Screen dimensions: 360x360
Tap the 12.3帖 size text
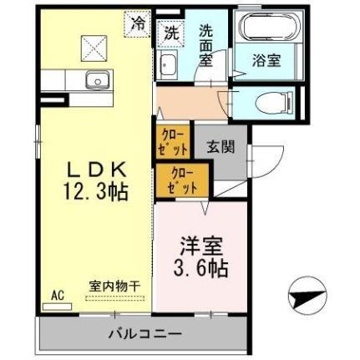94,191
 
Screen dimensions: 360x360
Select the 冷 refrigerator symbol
136,23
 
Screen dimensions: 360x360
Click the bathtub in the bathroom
266,28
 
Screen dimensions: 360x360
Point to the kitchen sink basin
97,81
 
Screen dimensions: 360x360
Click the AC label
58,296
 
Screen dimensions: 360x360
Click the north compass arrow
306,297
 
